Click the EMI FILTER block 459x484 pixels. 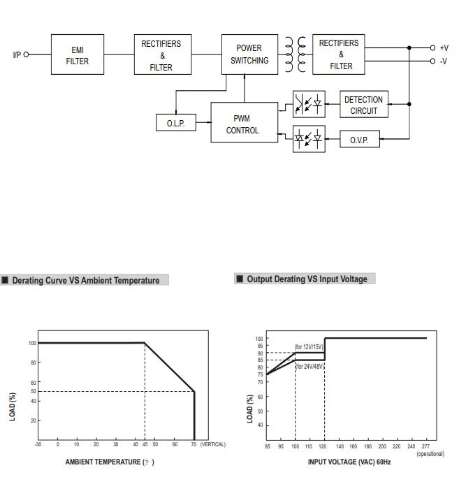(x=77, y=55)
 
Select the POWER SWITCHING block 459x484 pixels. (x=249, y=54)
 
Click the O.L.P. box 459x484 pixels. (x=175, y=124)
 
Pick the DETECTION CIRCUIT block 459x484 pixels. (x=363, y=105)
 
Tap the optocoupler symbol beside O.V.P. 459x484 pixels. (x=308, y=139)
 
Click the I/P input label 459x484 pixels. (x=17, y=54)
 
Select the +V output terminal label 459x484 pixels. (x=444, y=48)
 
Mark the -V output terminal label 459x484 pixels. (x=444, y=61)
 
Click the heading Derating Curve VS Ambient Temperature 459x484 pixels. (x=85, y=281)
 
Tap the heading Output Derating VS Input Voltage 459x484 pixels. (x=306, y=279)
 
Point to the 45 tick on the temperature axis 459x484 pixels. (x=145, y=444)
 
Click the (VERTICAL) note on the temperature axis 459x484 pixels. (x=212, y=444)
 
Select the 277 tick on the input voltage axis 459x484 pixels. (x=425, y=446)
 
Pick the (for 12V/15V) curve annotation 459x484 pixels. (x=308, y=347)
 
